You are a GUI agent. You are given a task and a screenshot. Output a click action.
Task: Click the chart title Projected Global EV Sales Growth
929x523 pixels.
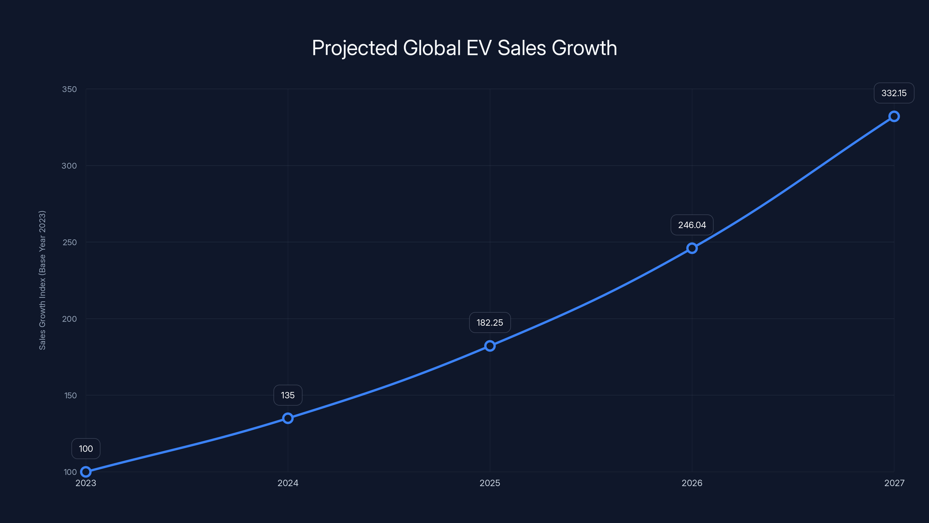click(464, 48)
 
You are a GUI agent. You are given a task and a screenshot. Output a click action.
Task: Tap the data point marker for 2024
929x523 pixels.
click(288, 418)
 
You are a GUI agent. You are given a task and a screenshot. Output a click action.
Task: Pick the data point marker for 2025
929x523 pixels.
click(490, 346)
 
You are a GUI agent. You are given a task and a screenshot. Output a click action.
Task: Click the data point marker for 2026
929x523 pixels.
click(692, 248)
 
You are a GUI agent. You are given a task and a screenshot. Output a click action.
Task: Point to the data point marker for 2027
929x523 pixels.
click(894, 116)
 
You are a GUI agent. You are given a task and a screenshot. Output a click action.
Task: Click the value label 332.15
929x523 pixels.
click(894, 93)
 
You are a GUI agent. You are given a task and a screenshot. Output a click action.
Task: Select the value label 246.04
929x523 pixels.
click(692, 225)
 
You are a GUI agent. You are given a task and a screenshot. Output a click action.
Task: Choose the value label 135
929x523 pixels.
click(288, 395)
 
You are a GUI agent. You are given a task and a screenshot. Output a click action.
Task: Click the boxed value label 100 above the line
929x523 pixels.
click(86, 449)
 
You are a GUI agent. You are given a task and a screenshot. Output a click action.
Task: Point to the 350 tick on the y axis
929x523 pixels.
click(70, 89)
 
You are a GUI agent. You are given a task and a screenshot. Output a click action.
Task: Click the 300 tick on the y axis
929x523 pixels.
click(69, 166)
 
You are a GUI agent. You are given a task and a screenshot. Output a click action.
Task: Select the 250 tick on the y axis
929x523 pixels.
click(70, 242)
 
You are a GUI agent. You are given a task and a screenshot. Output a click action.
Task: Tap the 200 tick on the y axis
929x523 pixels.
click(70, 319)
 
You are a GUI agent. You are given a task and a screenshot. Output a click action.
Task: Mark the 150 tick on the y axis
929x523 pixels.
click(70, 395)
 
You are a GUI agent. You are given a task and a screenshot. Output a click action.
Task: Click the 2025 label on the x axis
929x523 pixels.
click(490, 483)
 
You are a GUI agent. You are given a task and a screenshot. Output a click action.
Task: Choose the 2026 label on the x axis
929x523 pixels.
click(692, 483)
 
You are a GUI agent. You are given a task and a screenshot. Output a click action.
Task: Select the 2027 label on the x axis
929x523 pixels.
click(894, 483)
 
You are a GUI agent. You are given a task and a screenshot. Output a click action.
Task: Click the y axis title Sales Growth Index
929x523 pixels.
click(42, 280)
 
